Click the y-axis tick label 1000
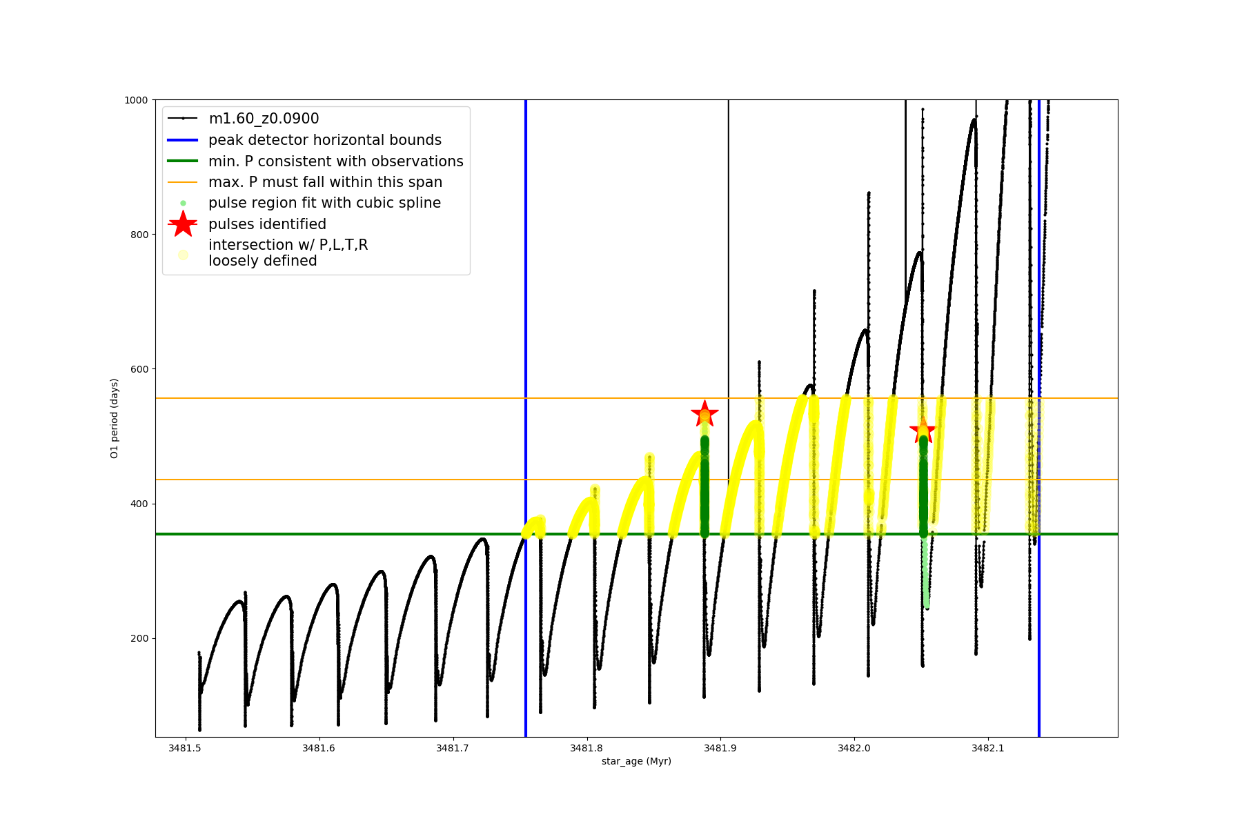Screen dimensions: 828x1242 pyautogui.click(x=136, y=100)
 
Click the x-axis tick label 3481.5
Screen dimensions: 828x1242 pyautogui.click(x=184, y=748)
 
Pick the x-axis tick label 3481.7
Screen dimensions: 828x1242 pyautogui.click(x=452, y=748)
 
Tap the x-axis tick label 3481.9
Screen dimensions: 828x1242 pyautogui.click(x=720, y=748)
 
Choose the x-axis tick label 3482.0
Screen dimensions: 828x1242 pyautogui.click(x=854, y=748)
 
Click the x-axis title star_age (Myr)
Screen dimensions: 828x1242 pyautogui.click(x=636, y=761)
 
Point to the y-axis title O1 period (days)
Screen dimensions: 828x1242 pyautogui.click(x=115, y=418)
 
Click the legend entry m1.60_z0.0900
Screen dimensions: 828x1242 pyautogui.click(x=264, y=119)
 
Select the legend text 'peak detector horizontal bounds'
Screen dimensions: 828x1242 pyautogui.click(x=324, y=140)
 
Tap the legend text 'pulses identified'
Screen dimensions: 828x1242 pyautogui.click(x=267, y=224)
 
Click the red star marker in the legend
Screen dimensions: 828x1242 pyautogui.click(x=183, y=224)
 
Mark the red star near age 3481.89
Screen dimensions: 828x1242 pyautogui.click(x=704, y=414)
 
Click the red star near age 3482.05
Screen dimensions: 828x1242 pyautogui.click(x=923, y=431)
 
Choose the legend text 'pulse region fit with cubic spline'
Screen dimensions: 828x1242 pyautogui.click(x=324, y=203)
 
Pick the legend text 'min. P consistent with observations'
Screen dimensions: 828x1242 pyautogui.click(x=335, y=161)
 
